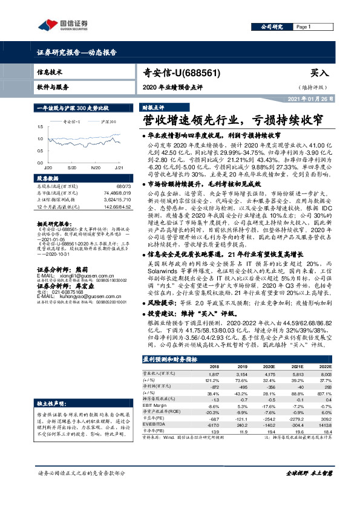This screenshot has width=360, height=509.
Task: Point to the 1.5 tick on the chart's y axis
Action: pyautogui.click(x=40, y=127)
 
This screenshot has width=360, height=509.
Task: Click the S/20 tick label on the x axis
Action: pyautogui.click(x=72, y=166)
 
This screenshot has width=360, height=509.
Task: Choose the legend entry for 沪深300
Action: pyautogui.click(x=109, y=122)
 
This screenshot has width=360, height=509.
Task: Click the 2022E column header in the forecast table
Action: pyautogui.click(x=326, y=366)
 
